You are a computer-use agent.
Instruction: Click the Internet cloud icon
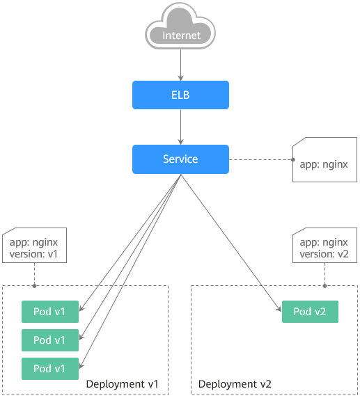(180, 26)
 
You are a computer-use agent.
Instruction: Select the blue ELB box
(180, 95)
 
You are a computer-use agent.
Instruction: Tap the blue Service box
(180, 159)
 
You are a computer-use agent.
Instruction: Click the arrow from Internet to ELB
(180, 65)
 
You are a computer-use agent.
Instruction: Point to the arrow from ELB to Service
(180, 127)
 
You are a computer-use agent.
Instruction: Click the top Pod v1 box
(50, 312)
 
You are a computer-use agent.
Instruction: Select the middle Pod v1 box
(50, 340)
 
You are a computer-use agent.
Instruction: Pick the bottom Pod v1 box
(50, 369)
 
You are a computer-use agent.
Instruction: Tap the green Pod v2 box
(310, 312)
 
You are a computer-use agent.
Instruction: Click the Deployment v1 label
(122, 384)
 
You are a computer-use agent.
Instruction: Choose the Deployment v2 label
(235, 384)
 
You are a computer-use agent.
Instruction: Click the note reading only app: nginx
(324, 159)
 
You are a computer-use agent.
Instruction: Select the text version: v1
(33, 254)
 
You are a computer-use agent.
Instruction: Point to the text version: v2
(324, 254)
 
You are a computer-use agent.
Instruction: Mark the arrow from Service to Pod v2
(231, 243)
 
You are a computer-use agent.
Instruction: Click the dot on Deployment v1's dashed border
(35, 286)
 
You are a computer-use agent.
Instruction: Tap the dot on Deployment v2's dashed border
(324, 286)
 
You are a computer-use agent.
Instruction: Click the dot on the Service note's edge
(293, 159)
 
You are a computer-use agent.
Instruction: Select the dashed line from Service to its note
(260, 159)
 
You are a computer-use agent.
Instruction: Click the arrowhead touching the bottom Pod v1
(81, 365)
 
